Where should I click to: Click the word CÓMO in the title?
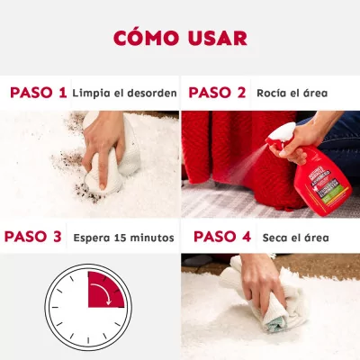coord(146,38)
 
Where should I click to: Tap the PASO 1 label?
coord(39,93)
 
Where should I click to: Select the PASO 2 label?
coord(217,93)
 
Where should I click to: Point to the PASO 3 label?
coord(33,237)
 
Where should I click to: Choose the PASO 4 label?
coord(222,237)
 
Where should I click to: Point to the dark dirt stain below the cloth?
coord(87,193)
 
